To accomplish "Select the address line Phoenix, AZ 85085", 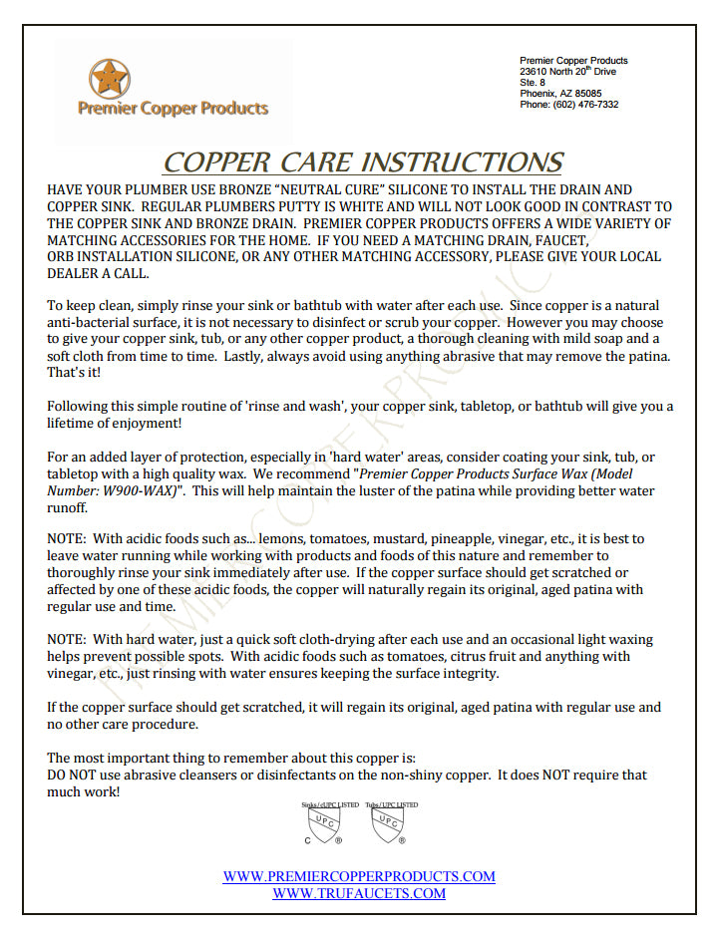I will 559,94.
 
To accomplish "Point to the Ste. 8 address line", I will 533,83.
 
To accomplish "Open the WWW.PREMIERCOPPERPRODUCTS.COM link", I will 359,876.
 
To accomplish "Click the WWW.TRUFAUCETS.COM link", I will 359,893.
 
